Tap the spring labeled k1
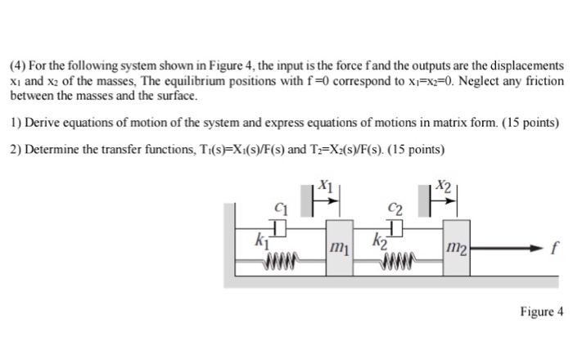tap(280, 263)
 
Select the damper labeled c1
tap(281, 225)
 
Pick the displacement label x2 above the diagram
tap(442, 186)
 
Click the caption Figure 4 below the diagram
tap(542, 312)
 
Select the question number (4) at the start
tap(19, 64)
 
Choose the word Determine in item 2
tap(52, 151)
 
